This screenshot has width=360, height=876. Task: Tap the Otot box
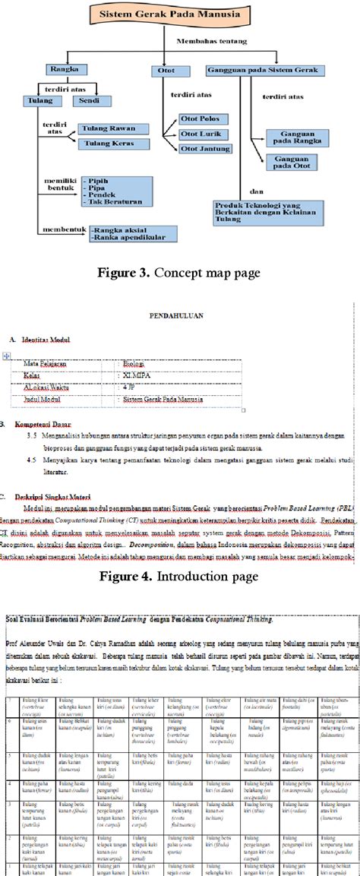(166, 70)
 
